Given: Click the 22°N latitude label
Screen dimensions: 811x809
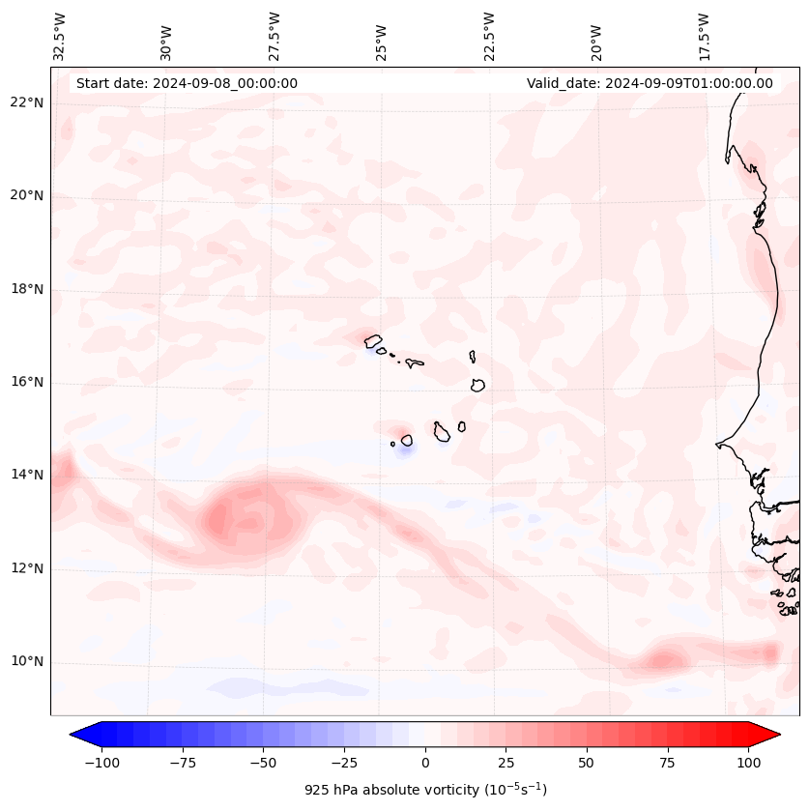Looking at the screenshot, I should click(27, 103).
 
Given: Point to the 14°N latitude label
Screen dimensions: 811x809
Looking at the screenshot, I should click(27, 475).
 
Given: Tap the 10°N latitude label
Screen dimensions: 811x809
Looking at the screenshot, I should click(27, 662).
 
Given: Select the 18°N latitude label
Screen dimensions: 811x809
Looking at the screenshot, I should click(27, 289).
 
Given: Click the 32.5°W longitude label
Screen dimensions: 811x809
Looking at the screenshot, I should click(60, 37).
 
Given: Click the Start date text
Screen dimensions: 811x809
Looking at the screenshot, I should click(187, 83).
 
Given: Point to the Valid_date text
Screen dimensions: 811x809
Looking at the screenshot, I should click(650, 83).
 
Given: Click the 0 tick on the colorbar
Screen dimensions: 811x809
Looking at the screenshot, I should click(424, 762).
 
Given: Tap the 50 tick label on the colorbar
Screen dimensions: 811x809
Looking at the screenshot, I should click(586, 762).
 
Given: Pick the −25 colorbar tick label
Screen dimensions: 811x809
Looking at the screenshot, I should click(343, 762).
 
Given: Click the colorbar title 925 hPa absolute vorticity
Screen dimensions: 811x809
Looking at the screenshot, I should click(424, 790).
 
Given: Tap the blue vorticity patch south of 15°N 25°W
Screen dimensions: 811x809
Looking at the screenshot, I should click(405, 450).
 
